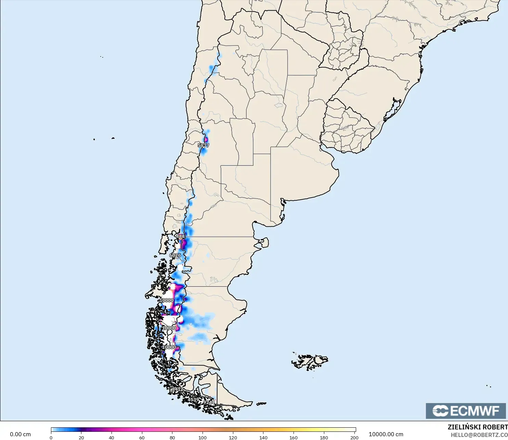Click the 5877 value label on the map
[x=203, y=145]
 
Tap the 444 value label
[x=180, y=236]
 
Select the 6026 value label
[x=175, y=255]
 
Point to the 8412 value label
[x=177, y=389]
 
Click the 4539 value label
[x=193, y=399]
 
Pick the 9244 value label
[x=209, y=402]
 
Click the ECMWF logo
[x=466, y=411]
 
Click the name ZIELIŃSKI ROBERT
[x=478, y=427]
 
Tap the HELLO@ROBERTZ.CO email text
[x=479, y=435]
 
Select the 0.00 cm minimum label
[x=20, y=434]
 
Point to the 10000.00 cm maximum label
[x=386, y=434]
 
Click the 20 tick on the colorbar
[x=81, y=437]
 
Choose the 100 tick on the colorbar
[x=203, y=437]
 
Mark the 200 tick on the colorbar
[x=354, y=437]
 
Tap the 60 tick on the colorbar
[x=142, y=437]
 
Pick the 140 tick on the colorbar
[x=263, y=437]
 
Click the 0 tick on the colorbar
[x=51, y=437]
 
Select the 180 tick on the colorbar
[x=324, y=437]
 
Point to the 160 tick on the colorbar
[x=294, y=437]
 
